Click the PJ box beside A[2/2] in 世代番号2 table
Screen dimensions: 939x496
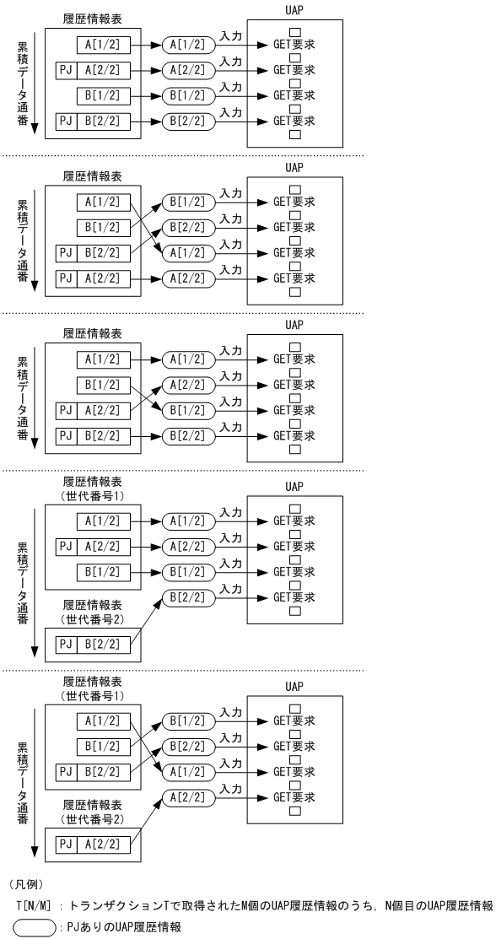[66, 845]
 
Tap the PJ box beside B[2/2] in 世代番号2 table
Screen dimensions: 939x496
[66, 645]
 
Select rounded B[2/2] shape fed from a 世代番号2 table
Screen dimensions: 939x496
[185, 598]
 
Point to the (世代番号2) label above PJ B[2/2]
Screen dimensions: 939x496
[92, 620]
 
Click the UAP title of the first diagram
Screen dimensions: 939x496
[294, 9]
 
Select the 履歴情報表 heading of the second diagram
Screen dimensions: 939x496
[92, 177]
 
